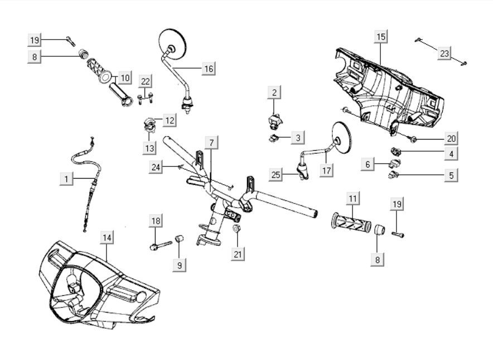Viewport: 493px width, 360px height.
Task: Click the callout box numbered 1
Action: (x=66, y=179)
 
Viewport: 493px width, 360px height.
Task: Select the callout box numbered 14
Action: (x=107, y=237)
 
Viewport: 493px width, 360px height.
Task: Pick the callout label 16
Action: (x=208, y=69)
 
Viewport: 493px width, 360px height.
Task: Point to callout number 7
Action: (x=211, y=142)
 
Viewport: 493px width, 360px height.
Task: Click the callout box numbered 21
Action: (x=239, y=254)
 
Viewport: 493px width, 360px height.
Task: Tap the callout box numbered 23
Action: (x=444, y=53)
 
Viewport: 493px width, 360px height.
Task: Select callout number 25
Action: (x=276, y=175)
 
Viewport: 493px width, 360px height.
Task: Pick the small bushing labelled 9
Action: (x=180, y=239)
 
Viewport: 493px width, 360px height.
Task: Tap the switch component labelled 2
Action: (x=273, y=118)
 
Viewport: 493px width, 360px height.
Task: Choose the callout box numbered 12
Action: (x=169, y=119)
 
